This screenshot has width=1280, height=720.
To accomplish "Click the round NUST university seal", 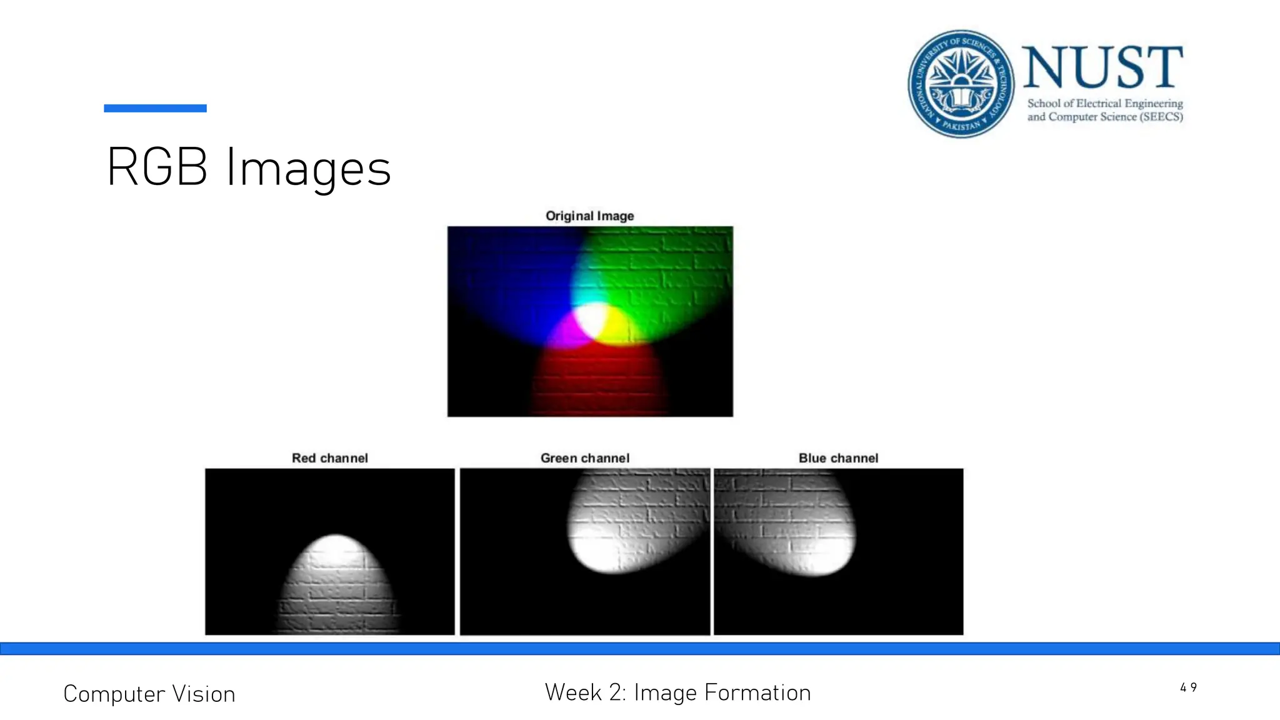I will tap(961, 83).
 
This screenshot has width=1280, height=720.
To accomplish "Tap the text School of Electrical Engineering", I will tap(1105, 103).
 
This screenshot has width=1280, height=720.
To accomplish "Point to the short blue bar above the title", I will tap(155, 108).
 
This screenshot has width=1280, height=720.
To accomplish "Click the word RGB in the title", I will tap(157, 167).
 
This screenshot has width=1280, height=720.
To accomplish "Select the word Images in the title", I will tap(308, 168).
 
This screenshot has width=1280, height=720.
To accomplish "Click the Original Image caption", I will tap(589, 216).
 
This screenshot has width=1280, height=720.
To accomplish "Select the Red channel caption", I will tap(329, 458).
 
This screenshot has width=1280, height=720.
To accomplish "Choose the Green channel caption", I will tap(584, 458).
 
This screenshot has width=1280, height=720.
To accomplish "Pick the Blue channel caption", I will tap(838, 458).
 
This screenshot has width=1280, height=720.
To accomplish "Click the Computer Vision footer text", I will tap(149, 694).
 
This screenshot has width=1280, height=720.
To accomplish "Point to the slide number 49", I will tap(1188, 687).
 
